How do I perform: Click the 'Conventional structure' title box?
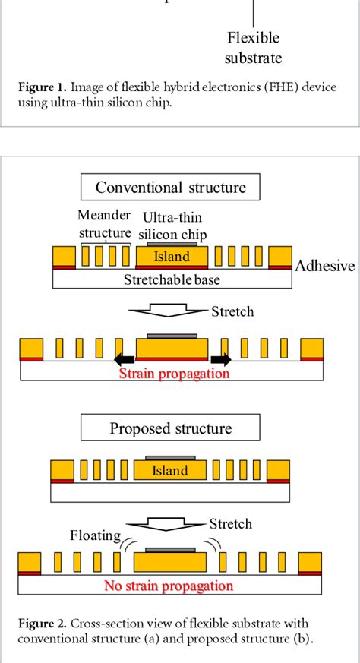170,188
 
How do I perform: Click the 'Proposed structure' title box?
170,428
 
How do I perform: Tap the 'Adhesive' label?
324,265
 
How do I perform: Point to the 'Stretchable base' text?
171,279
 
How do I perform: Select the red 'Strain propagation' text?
173,374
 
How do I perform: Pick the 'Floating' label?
96,535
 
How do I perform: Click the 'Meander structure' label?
105,225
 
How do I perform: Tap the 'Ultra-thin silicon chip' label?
173,226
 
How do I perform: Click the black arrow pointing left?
124,361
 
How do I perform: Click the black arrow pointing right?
221,361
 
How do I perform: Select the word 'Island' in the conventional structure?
172,257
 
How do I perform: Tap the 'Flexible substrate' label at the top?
254,48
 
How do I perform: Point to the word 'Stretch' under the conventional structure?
232,311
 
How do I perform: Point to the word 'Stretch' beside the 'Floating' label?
230,524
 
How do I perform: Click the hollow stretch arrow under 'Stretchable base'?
169,309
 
